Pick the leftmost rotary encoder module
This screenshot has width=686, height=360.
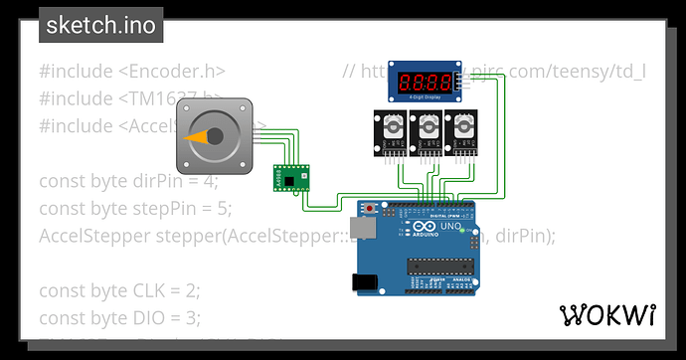click(x=391, y=130)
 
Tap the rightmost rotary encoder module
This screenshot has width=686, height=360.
click(x=461, y=130)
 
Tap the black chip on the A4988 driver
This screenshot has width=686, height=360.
click(x=287, y=181)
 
